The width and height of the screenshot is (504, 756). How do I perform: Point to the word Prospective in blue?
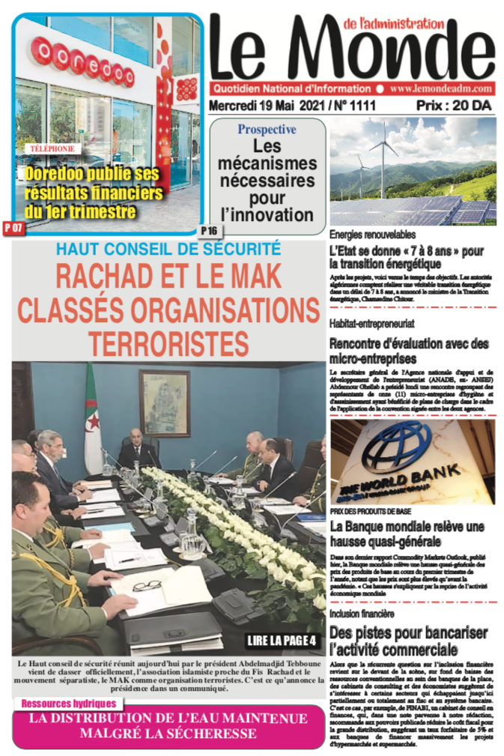pyautogui.click(x=267, y=130)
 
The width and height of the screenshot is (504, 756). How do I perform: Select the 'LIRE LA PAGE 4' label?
pyautogui.click(x=282, y=641)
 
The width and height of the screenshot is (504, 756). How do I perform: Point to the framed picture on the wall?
pyautogui.click(x=164, y=402)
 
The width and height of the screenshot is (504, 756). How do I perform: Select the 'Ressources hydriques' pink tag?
pyautogui.click(x=69, y=704)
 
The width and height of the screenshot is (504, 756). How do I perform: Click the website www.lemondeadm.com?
pyautogui.click(x=440, y=88)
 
